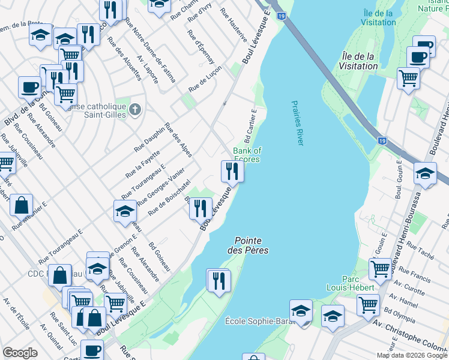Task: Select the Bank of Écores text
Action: [x=247, y=155]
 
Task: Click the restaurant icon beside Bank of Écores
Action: [x=231, y=172]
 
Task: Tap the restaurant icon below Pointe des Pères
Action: [x=218, y=280]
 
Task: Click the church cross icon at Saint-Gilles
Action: [x=136, y=110]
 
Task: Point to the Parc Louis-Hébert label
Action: [x=358, y=283]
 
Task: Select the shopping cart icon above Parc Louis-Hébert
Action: [x=381, y=269]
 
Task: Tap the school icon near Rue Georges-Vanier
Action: [x=125, y=211]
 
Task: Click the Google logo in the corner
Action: [x=19, y=353]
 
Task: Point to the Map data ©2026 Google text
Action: [x=411, y=355]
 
